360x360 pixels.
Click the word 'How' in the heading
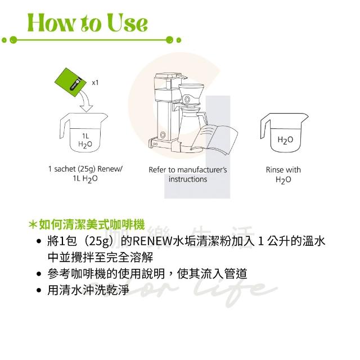coord(51,22)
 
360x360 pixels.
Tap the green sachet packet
coord(70,82)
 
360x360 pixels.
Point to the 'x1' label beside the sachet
coord(95,83)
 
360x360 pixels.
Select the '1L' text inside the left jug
coord(85,136)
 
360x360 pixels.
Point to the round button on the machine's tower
coord(163,134)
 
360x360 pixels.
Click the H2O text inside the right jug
coord(285,140)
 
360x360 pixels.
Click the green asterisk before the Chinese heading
coord(33,225)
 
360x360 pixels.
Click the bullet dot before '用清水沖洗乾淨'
coord(39,290)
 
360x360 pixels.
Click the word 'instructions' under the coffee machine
coord(188,179)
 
